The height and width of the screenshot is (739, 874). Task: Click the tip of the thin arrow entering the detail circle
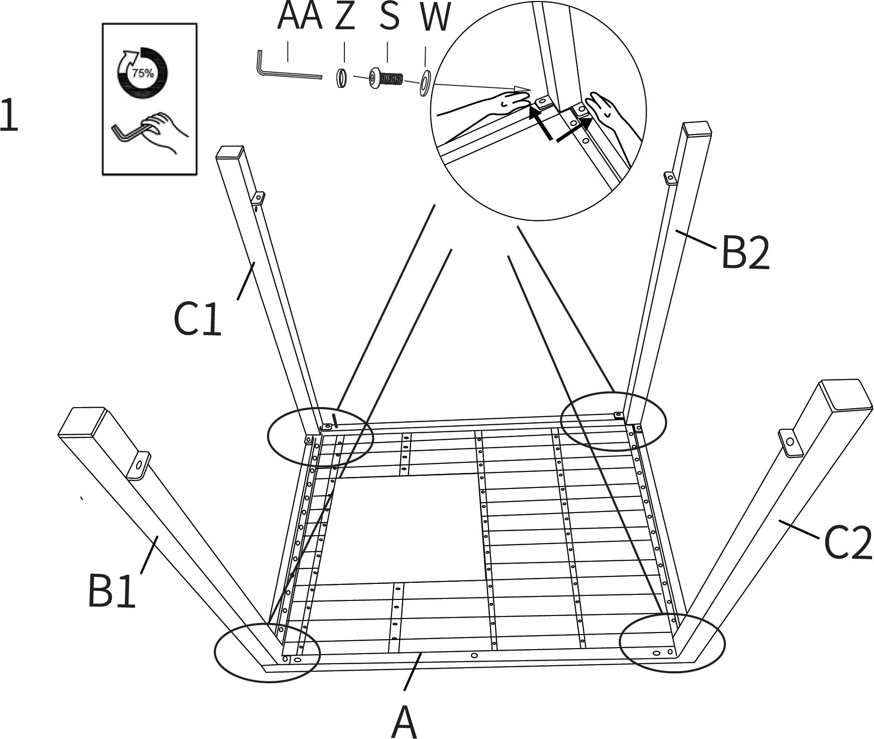pos(530,89)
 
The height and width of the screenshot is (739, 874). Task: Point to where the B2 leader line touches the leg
pos(676,231)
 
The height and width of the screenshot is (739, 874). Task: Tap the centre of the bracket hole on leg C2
pos(790,442)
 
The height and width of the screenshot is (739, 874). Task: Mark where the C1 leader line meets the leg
pos(255,262)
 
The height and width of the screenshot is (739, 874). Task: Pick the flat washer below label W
pos(424,83)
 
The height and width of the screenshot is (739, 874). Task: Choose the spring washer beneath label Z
pos(342,78)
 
